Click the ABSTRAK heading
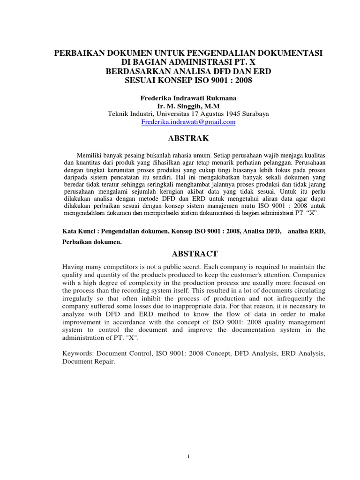click(x=188, y=139)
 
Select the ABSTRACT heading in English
click(x=188, y=254)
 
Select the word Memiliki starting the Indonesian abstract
click(x=88, y=155)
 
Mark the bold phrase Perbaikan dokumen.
click(x=92, y=242)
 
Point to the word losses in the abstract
click(x=160, y=306)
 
